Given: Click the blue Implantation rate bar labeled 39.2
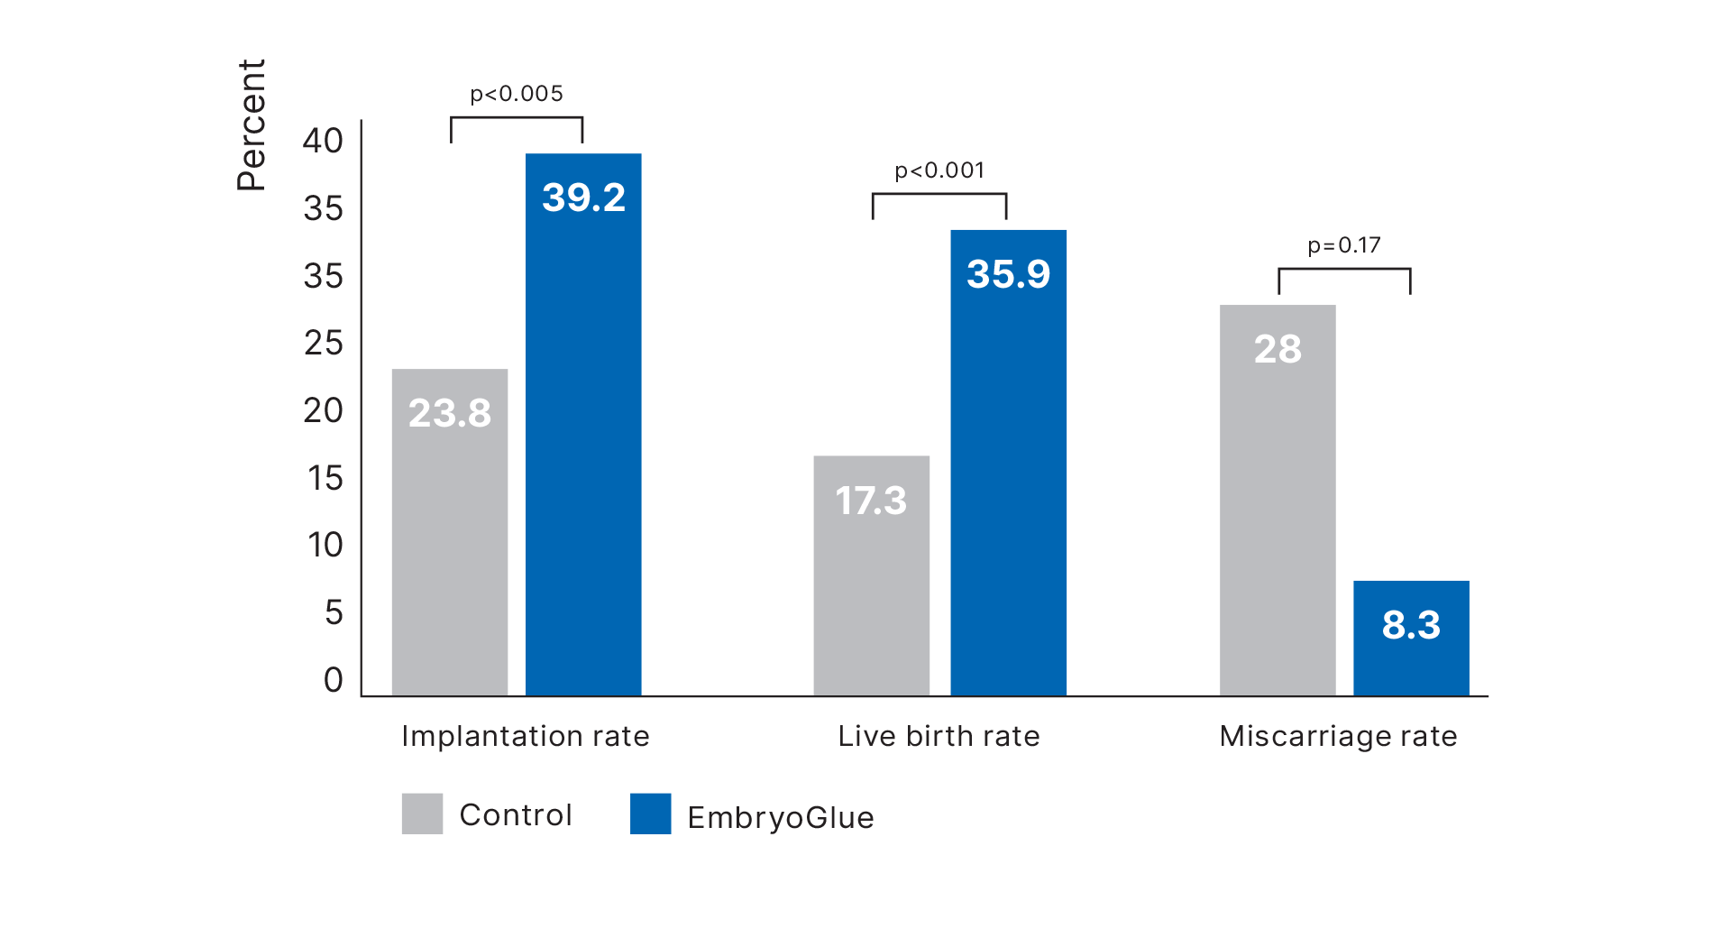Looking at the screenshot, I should [583, 424].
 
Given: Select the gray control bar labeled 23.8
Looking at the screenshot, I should [449, 532].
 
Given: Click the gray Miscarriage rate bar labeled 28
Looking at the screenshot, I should [1277, 500].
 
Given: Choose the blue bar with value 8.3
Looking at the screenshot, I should [1411, 637].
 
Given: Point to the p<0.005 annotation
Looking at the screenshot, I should [517, 94].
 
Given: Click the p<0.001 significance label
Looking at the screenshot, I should [939, 170].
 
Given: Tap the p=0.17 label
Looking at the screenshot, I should [1344, 245].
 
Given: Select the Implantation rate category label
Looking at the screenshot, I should [526, 736].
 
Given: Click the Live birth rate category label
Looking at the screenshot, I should [939, 736].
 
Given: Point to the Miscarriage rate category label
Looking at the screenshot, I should [1338, 736].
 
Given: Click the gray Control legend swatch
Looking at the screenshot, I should [422, 813].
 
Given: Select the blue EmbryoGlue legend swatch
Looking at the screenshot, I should [650, 813].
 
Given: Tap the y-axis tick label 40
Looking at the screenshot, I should [323, 141].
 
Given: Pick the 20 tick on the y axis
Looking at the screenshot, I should [323, 410].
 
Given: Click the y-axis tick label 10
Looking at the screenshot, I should [325, 545].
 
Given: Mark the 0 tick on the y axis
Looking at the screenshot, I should [333, 680].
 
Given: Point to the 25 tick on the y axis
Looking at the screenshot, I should [323, 343].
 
